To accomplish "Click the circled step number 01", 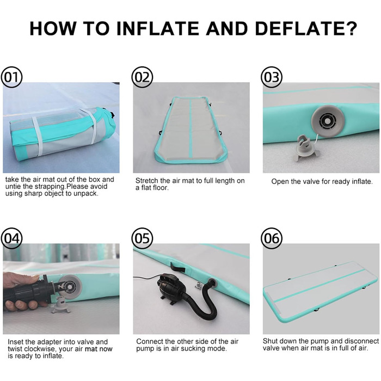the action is (11, 77).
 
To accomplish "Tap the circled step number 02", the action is (142, 77).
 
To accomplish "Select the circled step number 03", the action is (272, 77).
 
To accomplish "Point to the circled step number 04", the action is (11, 238).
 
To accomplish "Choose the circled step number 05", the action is (142, 238).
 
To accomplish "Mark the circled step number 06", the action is (272, 238).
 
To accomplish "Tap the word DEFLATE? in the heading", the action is (306, 29).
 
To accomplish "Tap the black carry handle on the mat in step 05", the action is (177, 268).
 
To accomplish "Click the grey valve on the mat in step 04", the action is (70, 287).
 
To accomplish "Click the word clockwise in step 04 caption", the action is (38, 349).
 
